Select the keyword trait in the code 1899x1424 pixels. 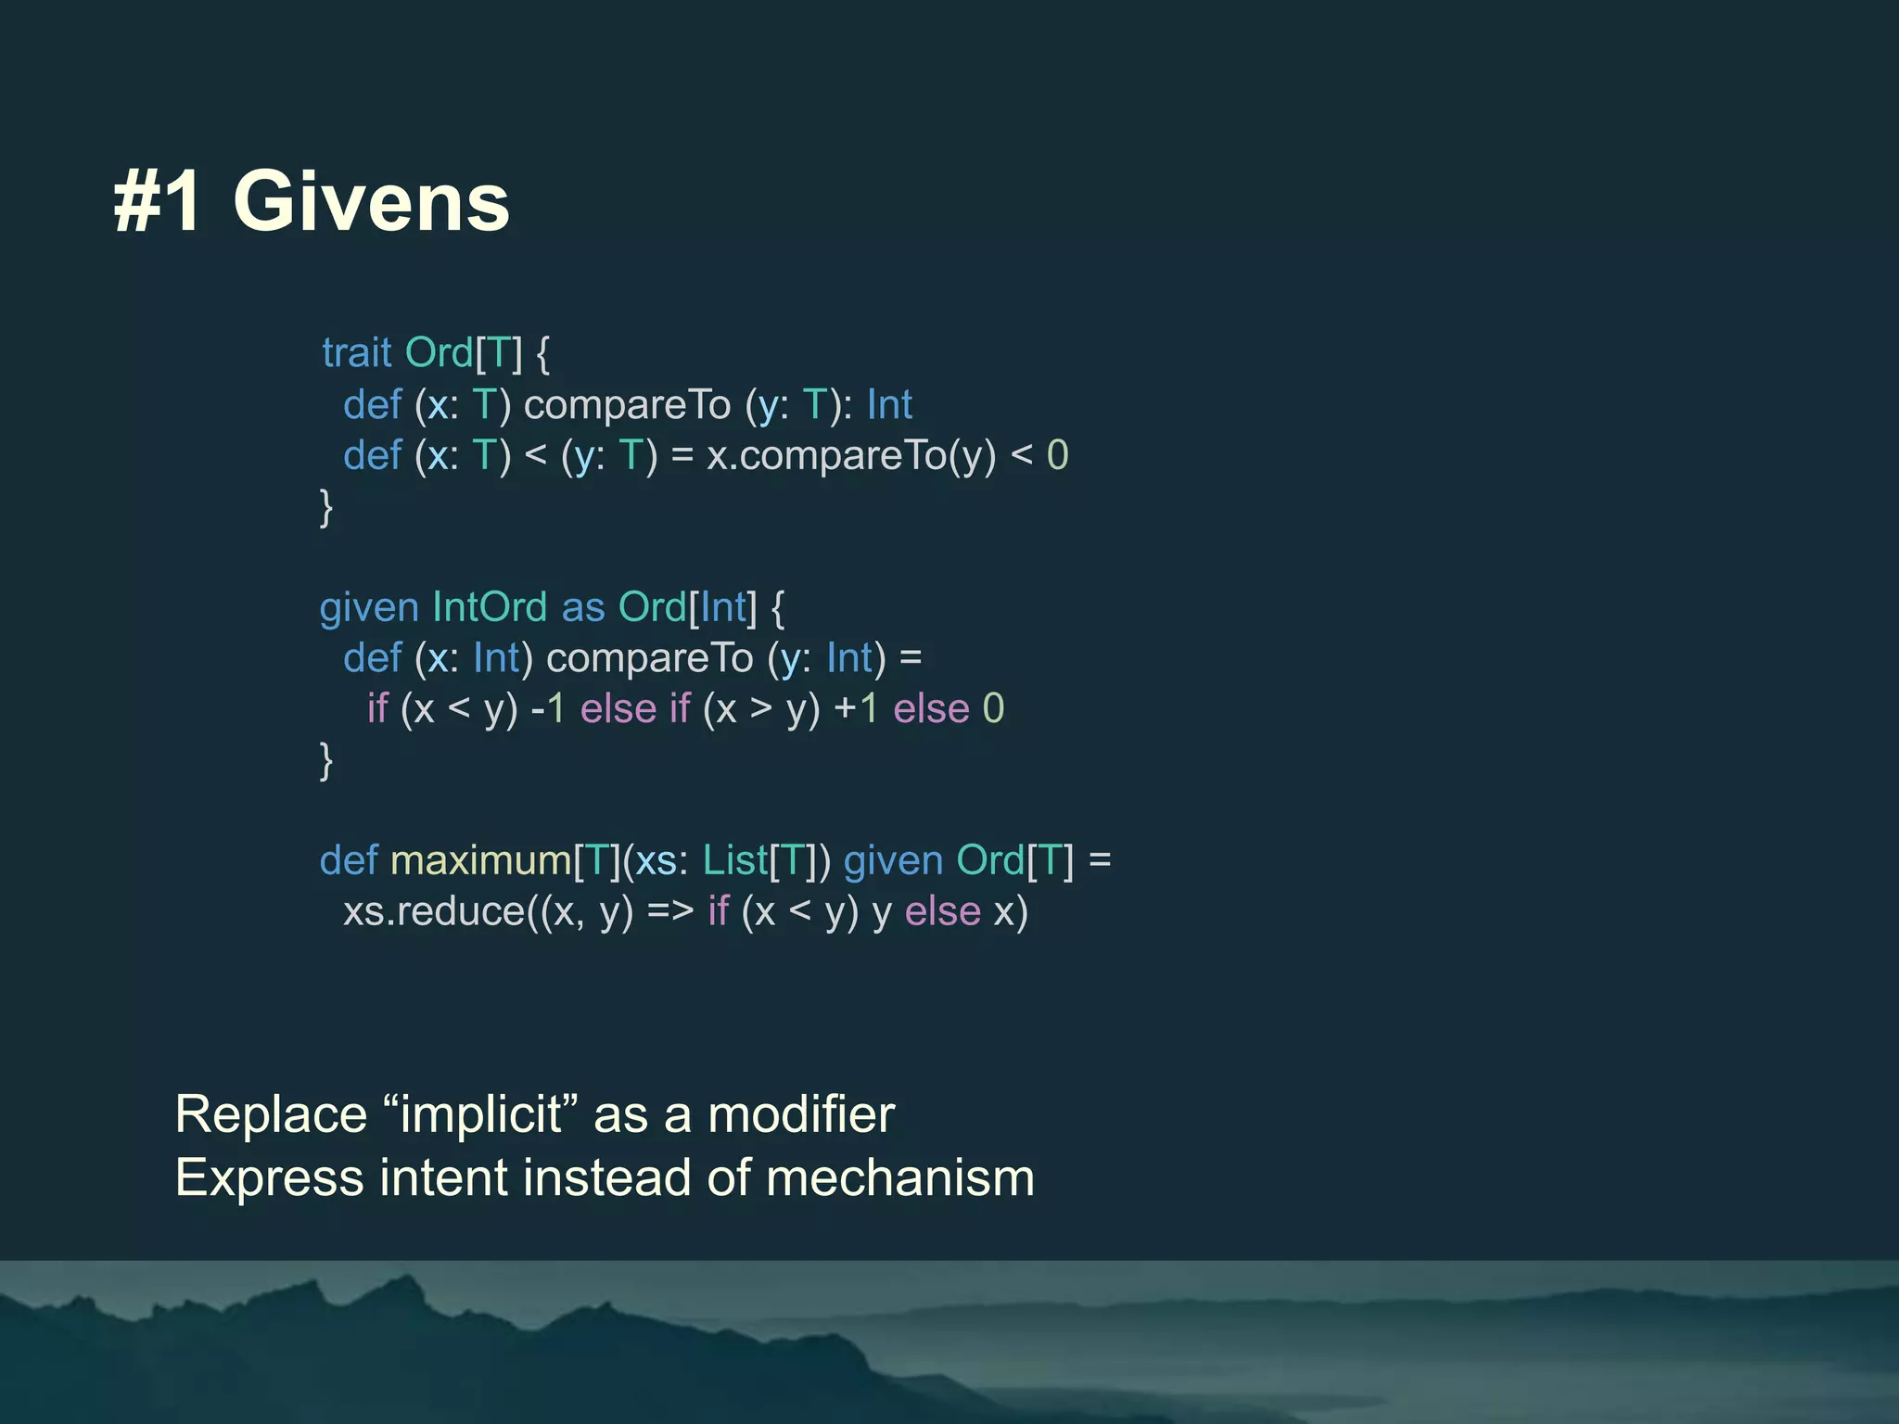coord(357,353)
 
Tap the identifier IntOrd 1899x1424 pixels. coord(490,607)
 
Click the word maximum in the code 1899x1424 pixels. coord(481,861)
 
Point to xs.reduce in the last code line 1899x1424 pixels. coord(434,912)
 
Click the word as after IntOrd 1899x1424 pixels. coord(583,607)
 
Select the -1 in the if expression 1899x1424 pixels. coord(548,709)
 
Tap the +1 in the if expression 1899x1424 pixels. coord(856,709)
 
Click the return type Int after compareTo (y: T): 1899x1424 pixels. coord(889,405)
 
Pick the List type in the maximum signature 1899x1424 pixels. coord(735,861)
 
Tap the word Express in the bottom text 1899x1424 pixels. coord(270,1178)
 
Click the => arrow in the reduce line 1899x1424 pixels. coord(670,912)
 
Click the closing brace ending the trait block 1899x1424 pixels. coord(326,507)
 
